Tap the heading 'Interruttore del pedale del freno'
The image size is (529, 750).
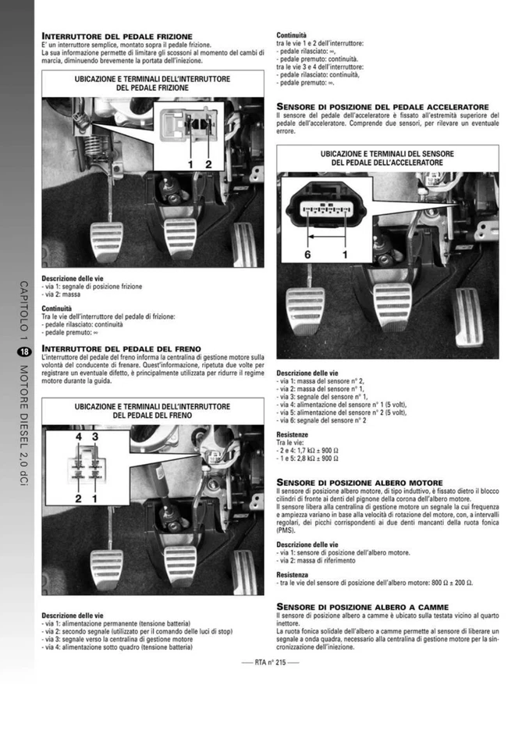click(x=121, y=348)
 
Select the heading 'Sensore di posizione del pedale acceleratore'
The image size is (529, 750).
click(x=382, y=106)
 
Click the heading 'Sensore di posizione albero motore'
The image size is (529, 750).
click(x=360, y=483)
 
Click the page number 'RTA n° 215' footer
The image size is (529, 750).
click(x=264, y=661)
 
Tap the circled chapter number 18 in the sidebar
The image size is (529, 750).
click(x=23, y=352)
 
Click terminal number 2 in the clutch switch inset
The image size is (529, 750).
click(x=208, y=164)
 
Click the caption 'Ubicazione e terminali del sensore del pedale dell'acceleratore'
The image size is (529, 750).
click(x=387, y=158)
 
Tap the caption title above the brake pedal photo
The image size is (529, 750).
click(x=152, y=410)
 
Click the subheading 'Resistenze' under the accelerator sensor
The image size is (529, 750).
click(x=293, y=434)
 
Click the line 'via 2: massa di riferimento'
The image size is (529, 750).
click(x=318, y=560)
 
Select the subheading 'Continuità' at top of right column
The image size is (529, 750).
click(x=292, y=35)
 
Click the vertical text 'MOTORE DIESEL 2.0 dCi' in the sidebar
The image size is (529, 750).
click(x=23, y=427)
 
